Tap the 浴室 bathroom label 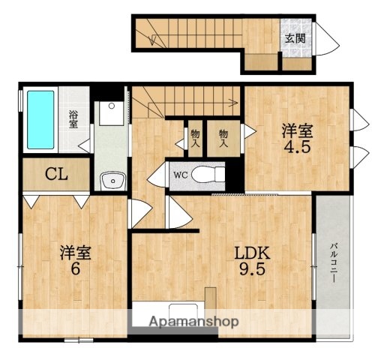tap(74, 119)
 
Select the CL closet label tap(56, 175)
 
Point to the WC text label tap(181, 175)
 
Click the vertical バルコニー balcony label tap(332, 262)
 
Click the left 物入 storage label tap(195, 134)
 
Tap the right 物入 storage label tap(223, 134)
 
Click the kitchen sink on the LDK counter tap(182, 312)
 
